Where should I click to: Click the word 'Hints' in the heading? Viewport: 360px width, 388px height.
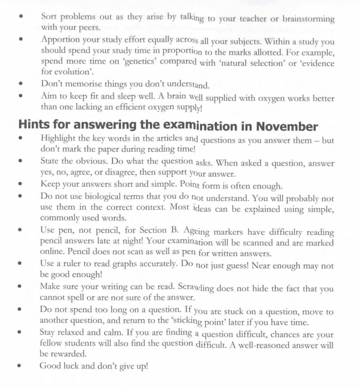pyautogui.click(x=32, y=124)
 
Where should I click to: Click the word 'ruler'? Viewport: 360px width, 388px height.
pyautogui.click(x=74, y=264)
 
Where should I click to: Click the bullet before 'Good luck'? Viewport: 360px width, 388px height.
pyautogui.click(x=20, y=366)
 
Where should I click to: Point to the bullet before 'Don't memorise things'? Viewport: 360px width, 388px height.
pyautogui.click(x=20, y=84)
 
